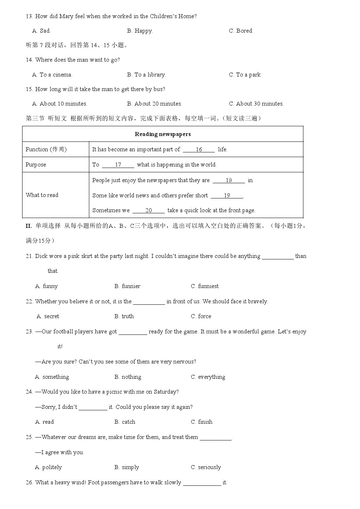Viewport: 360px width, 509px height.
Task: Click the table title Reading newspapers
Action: click(x=163, y=134)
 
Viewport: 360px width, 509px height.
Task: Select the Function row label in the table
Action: click(x=46, y=149)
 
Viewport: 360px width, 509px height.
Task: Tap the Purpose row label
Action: click(x=36, y=165)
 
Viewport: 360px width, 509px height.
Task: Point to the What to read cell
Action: click(x=42, y=195)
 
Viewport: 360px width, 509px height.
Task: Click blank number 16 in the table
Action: click(x=199, y=149)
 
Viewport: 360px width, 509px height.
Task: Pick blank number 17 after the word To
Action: click(x=118, y=165)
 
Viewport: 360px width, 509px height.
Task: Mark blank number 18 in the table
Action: click(x=229, y=180)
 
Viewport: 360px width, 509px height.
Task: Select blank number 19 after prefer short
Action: click(x=227, y=196)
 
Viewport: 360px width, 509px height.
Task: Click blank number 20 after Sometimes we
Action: click(x=148, y=210)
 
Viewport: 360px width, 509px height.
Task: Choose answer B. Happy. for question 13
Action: click(x=140, y=31)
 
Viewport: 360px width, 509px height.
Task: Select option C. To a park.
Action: click(x=245, y=75)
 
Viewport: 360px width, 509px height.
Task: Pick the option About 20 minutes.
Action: click(x=155, y=104)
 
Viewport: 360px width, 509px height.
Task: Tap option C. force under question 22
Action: click(x=201, y=316)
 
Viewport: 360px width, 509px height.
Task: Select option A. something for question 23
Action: click(x=52, y=377)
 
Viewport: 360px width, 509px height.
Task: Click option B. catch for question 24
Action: click(x=125, y=422)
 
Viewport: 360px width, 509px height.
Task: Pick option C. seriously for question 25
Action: click(x=206, y=467)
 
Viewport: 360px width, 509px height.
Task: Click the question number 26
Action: click(x=29, y=483)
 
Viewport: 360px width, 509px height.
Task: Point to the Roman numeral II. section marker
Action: click(x=29, y=226)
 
